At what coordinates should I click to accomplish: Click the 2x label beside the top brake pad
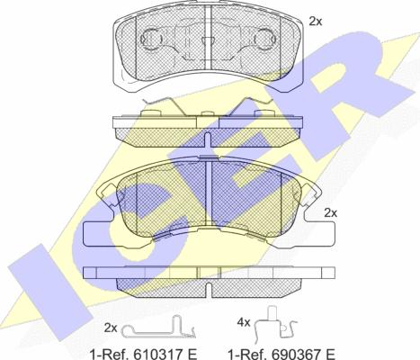click(x=316, y=22)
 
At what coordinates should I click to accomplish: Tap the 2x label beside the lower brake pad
click(x=331, y=213)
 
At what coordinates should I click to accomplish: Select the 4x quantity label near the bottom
click(x=244, y=323)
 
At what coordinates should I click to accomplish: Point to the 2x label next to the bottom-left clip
click(x=111, y=328)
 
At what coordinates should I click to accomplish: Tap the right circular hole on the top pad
click(x=265, y=39)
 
